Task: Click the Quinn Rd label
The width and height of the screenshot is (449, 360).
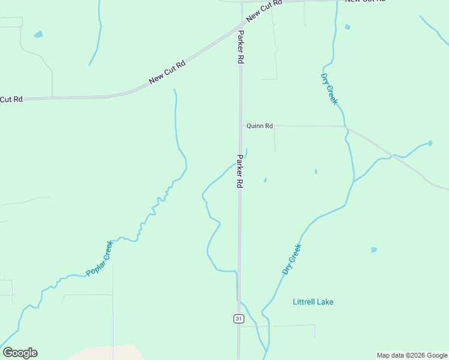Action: pyautogui.click(x=260, y=126)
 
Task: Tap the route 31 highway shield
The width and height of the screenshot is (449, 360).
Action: pyautogui.click(x=239, y=319)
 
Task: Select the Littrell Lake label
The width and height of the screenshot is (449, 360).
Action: pyautogui.click(x=313, y=302)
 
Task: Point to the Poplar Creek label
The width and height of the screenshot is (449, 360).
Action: pyautogui.click(x=99, y=259)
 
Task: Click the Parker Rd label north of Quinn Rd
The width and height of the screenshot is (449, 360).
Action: pyautogui.click(x=241, y=47)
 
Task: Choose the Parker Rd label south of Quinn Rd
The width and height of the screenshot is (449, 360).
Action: pyautogui.click(x=240, y=172)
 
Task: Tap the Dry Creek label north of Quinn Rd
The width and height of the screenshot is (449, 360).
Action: pyautogui.click(x=330, y=89)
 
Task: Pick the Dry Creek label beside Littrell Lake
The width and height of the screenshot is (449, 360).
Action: pyautogui.click(x=292, y=259)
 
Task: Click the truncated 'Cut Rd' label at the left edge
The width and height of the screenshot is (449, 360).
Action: pyautogui.click(x=11, y=99)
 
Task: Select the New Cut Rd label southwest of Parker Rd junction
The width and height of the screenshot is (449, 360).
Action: pyautogui.click(x=167, y=72)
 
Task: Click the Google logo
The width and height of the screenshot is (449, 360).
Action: pyautogui.click(x=20, y=353)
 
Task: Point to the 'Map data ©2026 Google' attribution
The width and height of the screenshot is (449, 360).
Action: pyautogui.click(x=412, y=355)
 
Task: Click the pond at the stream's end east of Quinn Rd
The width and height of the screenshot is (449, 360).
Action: pyautogui.click(x=430, y=143)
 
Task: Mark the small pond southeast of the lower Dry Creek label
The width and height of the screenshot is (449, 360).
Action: pyautogui.click(x=374, y=250)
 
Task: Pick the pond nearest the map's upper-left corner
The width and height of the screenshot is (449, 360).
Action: pyautogui.click(x=39, y=34)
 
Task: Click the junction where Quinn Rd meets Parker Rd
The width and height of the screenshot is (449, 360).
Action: pyautogui.click(x=241, y=126)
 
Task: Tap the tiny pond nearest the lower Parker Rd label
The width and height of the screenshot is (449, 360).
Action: pyautogui.click(x=265, y=179)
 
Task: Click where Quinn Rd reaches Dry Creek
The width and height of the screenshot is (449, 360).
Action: pyautogui.click(x=346, y=127)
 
